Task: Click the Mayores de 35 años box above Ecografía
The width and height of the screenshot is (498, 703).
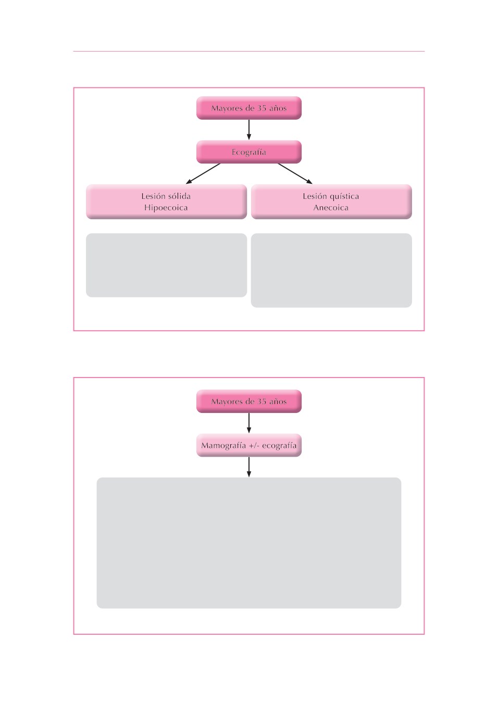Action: pyautogui.click(x=248, y=108)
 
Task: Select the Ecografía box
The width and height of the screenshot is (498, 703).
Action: pyautogui.click(x=248, y=152)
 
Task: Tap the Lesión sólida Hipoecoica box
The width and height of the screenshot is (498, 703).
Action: pyautogui.click(x=166, y=202)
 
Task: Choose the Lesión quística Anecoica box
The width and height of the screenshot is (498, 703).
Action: pyautogui.click(x=331, y=202)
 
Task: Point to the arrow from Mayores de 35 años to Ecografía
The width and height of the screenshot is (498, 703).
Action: pyautogui.click(x=248, y=130)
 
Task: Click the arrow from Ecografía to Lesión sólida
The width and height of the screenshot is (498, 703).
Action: pyautogui.click(x=203, y=173)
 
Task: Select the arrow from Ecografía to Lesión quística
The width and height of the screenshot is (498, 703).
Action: pyautogui.click(x=295, y=173)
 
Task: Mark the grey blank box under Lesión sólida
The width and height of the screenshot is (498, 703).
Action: pyautogui.click(x=166, y=265)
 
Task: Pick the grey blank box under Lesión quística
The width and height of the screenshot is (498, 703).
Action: pyautogui.click(x=331, y=270)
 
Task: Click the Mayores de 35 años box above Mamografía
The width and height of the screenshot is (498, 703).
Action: pyautogui.click(x=248, y=401)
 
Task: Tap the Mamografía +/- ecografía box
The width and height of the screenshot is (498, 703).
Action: pyautogui.click(x=248, y=445)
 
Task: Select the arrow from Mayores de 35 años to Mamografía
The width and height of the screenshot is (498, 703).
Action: pyautogui.click(x=248, y=423)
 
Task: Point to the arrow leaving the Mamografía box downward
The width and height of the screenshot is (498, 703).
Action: pyautogui.click(x=248, y=467)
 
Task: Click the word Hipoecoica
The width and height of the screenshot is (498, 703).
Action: pyautogui.click(x=166, y=208)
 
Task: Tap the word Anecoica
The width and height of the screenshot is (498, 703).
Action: pyautogui.click(x=331, y=208)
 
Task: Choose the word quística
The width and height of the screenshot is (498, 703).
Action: pyautogui.click(x=344, y=196)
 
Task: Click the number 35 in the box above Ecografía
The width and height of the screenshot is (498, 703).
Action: pyautogui.click(x=262, y=108)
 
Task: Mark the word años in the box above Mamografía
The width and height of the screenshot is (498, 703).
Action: pyautogui.click(x=278, y=401)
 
